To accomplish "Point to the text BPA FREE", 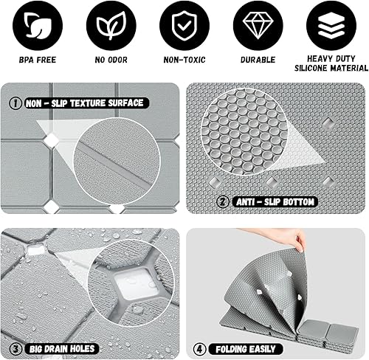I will click(37, 59).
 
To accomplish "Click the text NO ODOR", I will click(111, 59).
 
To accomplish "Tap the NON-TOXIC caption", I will click(184, 59).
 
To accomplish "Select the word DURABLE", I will click(258, 59).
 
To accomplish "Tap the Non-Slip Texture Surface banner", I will click(83, 103).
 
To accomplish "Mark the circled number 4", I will click(199, 348).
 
